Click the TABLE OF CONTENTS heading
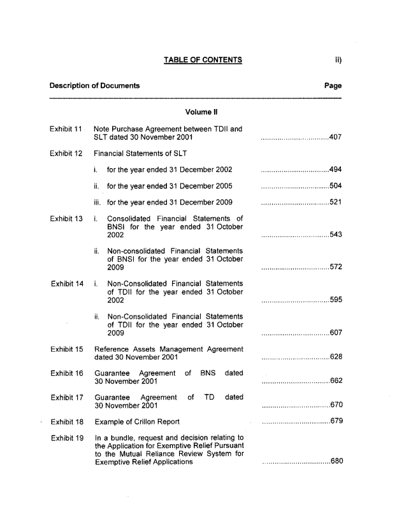pos(203,60)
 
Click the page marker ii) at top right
pos(338,60)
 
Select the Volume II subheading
pos(203,112)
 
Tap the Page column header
pos(333,85)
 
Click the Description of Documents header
pos(95,85)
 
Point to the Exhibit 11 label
pos(66,129)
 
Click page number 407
pos(336,138)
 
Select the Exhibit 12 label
pos(66,154)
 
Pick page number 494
pos(336,170)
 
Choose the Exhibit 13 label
pos(66,219)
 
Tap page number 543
pos(336,235)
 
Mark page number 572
pos(336,267)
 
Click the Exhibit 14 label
pos(66,283)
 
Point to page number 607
pos(336,332)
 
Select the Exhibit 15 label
pos(66,349)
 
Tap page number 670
pos(336,405)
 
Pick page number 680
pos(336,462)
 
